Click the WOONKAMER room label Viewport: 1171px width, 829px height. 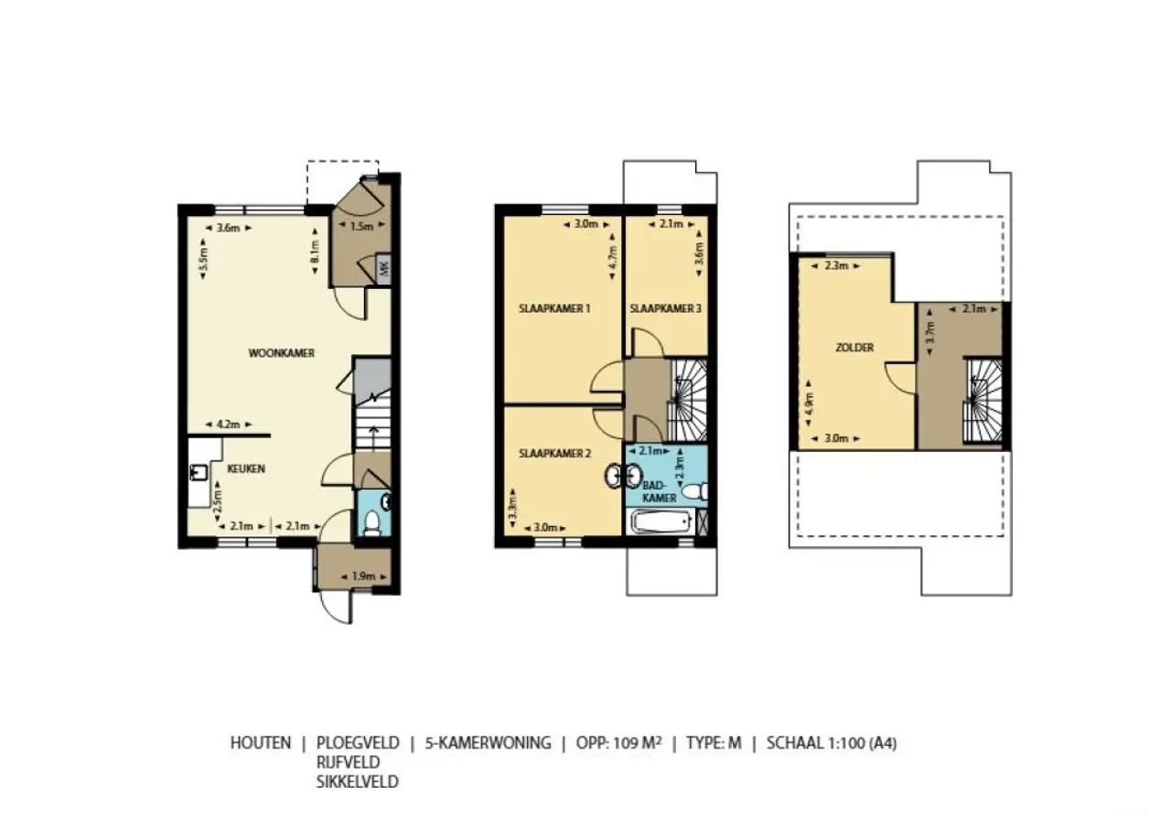pos(282,352)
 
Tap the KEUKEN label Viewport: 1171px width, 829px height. pos(246,468)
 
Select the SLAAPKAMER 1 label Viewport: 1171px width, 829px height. pos(553,309)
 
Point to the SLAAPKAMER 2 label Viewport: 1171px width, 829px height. pos(553,453)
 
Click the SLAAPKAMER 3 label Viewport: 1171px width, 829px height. pos(665,309)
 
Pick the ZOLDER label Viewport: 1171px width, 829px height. pos(854,348)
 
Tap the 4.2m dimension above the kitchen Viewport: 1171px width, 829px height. pos(227,424)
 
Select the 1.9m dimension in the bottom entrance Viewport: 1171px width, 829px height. pos(363,576)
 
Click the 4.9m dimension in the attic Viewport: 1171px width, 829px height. pos(809,404)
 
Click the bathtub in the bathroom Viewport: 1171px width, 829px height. pos(661,523)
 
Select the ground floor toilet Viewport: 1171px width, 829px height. pos(371,522)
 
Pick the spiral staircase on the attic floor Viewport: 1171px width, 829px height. pos(982,401)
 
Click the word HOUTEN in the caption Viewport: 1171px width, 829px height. pos(261,743)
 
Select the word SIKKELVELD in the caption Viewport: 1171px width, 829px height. pos(358,781)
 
